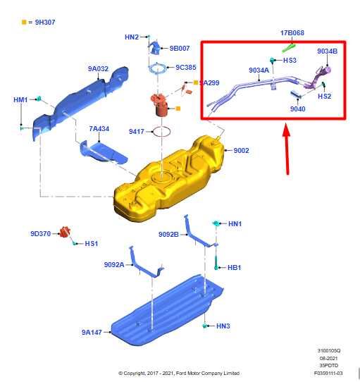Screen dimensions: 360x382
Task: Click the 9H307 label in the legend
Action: tap(45, 22)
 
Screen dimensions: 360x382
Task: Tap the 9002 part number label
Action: tap(241, 150)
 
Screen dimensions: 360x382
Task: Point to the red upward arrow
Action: tap(287, 149)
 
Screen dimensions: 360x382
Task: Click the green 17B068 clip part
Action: tap(289, 48)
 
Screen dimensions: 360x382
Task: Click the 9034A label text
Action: tap(259, 70)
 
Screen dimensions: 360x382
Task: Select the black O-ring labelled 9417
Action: tap(161, 132)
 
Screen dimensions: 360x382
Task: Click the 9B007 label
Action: tap(180, 48)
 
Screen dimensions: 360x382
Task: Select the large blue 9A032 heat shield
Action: tap(80, 102)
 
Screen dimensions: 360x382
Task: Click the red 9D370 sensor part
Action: tap(66, 232)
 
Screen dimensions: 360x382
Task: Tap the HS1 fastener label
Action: tap(92, 243)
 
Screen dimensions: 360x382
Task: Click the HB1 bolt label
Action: tap(234, 268)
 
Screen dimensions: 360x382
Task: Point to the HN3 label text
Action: tap(223, 326)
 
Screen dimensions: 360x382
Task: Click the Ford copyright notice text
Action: tap(179, 373)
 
